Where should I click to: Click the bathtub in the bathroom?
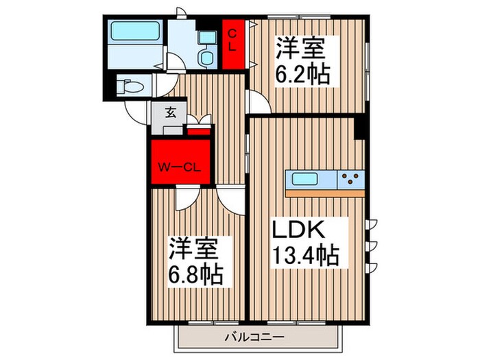pos(134,31)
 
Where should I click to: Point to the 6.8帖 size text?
pos(195,274)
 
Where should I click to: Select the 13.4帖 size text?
pos(308,256)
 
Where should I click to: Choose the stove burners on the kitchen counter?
pos(352,180)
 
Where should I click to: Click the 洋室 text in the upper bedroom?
pos(299,50)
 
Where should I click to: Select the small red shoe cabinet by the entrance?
pos(199,130)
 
